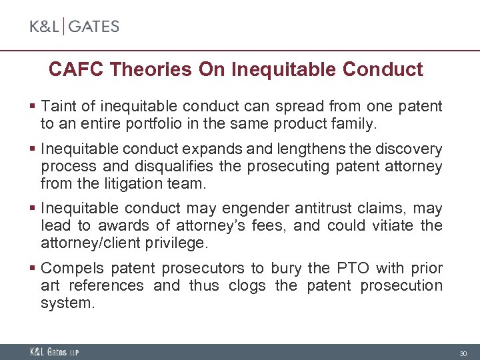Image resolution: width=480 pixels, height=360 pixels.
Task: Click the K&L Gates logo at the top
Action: (74, 27)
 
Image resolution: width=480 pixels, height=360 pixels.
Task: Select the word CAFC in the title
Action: (75, 69)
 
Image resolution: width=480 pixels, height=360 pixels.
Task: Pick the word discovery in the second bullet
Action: (411, 149)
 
